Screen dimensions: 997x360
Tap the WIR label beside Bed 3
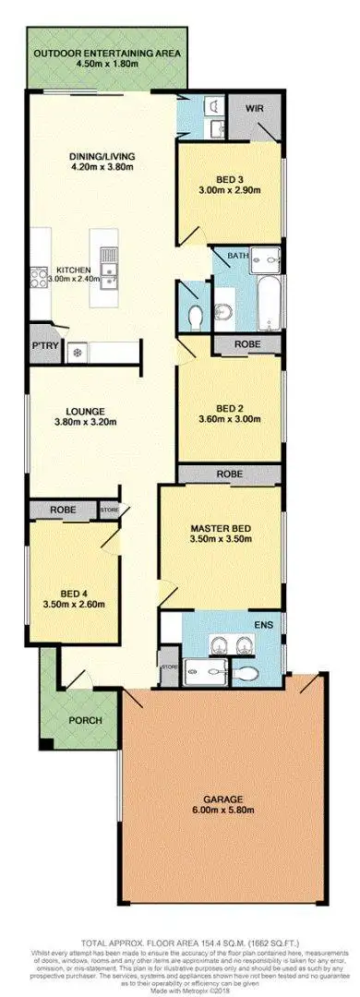point(255,107)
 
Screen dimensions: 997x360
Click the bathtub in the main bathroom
point(270,300)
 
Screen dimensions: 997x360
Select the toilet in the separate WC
point(195,318)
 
